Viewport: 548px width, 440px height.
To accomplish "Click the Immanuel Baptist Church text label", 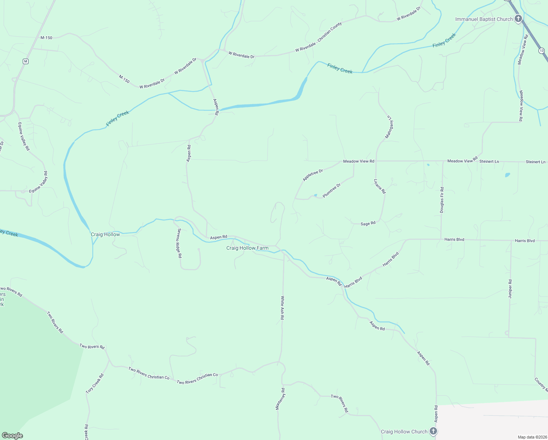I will click(x=484, y=19).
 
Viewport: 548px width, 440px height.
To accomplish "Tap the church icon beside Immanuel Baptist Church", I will click(x=518, y=19).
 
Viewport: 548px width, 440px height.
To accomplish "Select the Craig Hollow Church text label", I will click(x=404, y=432).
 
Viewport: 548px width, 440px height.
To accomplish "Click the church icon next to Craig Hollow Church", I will click(x=433, y=431).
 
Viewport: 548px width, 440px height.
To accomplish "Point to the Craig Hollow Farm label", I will click(x=247, y=248).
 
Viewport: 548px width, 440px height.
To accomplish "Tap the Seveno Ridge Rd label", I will click(x=179, y=243).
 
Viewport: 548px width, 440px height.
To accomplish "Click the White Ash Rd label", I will click(x=282, y=308).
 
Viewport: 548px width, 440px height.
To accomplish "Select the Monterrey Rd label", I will click(x=280, y=399).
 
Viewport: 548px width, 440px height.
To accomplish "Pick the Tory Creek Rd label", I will click(x=95, y=384).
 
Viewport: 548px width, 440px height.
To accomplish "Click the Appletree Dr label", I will click(x=313, y=175).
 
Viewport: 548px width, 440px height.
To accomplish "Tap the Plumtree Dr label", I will click(x=332, y=190).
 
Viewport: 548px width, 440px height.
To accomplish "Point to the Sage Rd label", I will click(x=368, y=223).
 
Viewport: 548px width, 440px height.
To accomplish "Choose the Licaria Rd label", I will click(x=380, y=186).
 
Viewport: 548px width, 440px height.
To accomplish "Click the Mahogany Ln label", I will click(x=389, y=127).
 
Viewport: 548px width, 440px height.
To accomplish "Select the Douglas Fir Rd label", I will click(x=442, y=200).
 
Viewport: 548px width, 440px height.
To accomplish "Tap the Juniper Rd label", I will click(x=510, y=289).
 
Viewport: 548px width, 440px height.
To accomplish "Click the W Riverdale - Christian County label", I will click(x=319, y=37).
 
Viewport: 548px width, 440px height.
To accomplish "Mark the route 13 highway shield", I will click(x=541, y=51).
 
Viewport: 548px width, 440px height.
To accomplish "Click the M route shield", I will click(x=25, y=61).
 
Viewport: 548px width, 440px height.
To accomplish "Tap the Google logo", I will click(x=12, y=436).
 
